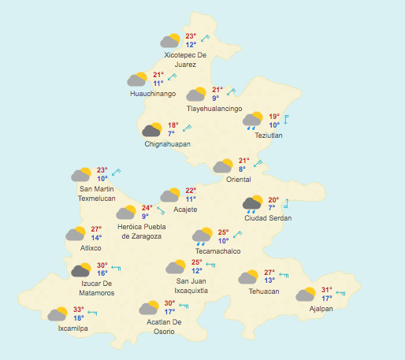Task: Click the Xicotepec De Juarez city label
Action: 185,60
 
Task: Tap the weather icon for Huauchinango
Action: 137,79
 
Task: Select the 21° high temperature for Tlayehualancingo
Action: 217,90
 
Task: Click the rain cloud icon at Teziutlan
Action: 253,121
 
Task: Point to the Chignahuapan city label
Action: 167,144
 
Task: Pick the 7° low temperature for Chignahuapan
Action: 170,134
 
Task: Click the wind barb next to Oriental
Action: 257,162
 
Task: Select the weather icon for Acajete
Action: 169,195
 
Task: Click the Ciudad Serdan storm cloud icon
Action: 252,205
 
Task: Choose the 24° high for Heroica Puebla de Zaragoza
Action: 147,208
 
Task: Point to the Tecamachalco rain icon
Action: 202,236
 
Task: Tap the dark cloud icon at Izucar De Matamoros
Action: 80,271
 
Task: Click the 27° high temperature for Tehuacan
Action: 269,273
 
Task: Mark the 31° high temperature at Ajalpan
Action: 327,290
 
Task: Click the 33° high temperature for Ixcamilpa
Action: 78,310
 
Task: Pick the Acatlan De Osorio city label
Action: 164,326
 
